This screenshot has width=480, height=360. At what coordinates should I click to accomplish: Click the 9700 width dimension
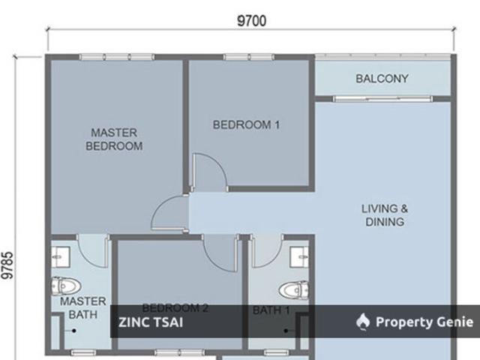click(251, 21)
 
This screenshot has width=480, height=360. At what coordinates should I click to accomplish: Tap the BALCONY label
click(382, 78)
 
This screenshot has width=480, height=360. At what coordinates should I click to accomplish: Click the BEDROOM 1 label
click(246, 125)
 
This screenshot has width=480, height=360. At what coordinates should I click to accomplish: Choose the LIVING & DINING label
click(385, 214)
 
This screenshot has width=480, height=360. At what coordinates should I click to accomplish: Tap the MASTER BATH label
click(82, 307)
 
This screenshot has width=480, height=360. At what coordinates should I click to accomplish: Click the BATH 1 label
click(271, 310)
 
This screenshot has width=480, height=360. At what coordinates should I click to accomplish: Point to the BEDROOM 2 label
click(175, 307)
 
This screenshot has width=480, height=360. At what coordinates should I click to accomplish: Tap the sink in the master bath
click(59, 257)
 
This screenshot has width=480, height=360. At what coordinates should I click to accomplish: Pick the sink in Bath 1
click(301, 257)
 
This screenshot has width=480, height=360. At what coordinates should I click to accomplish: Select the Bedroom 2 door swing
click(220, 253)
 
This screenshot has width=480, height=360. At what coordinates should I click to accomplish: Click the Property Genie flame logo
click(363, 322)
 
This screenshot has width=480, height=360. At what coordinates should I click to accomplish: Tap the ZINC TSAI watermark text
click(151, 322)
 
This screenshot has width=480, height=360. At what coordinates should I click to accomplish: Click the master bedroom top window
click(117, 57)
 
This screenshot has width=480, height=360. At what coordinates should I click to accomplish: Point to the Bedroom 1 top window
click(247, 57)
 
